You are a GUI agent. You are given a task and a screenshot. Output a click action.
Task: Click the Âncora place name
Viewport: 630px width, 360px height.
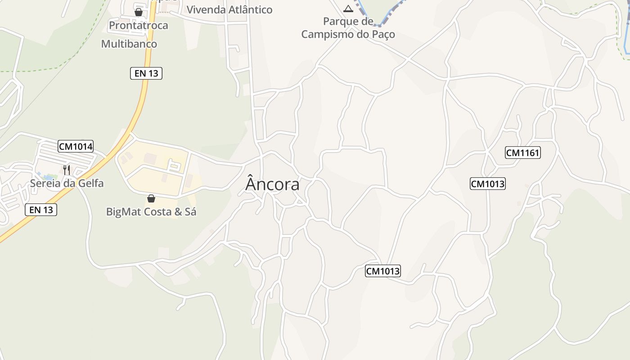[x=272, y=184]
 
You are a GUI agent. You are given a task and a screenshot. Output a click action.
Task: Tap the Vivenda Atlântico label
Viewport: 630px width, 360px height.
[x=229, y=9]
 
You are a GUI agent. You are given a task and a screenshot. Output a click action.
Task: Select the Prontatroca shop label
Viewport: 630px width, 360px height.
[x=139, y=25]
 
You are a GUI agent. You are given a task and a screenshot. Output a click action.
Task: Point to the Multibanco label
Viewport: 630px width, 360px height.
[x=129, y=44]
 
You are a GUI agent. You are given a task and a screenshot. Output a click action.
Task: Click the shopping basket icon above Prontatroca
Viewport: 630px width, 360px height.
[x=139, y=12]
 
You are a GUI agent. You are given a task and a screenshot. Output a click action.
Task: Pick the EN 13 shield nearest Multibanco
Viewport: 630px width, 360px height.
[x=146, y=73]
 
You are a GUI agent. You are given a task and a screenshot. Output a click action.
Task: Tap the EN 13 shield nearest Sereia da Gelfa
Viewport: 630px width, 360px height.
[x=41, y=210]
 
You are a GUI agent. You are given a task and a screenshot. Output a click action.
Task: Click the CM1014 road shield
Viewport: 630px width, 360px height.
[x=76, y=146]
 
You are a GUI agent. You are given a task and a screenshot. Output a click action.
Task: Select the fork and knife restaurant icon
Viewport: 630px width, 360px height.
[x=67, y=170]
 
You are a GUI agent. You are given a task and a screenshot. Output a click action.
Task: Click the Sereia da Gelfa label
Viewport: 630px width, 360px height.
[x=67, y=183]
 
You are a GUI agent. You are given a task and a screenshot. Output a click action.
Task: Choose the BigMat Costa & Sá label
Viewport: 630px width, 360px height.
[x=151, y=211]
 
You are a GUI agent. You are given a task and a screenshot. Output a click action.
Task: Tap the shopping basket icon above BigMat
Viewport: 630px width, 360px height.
[x=151, y=198]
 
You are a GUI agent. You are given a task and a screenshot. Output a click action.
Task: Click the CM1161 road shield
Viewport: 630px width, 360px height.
[x=522, y=153]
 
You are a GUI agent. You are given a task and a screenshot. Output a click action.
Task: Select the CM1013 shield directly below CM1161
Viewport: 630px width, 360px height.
[x=488, y=184]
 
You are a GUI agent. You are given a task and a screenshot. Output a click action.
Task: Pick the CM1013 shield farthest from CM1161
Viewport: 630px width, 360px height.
[x=382, y=271]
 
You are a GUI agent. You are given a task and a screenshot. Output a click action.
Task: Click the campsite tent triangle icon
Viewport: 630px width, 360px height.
[x=348, y=9]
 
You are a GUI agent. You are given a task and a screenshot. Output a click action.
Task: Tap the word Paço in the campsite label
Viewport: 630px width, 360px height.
[x=383, y=34]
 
